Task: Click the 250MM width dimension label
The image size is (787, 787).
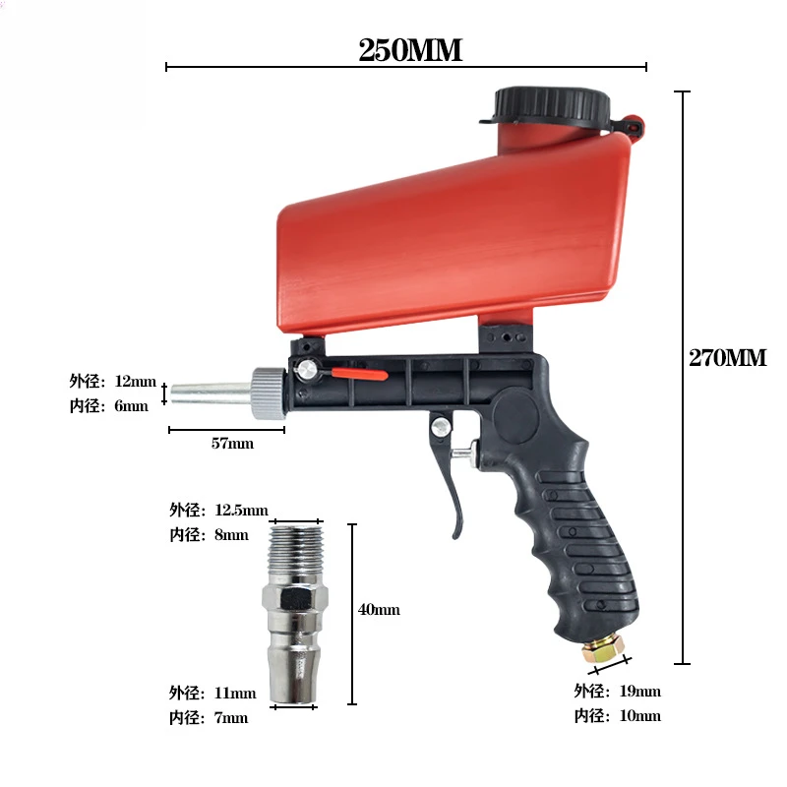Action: click(410, 50)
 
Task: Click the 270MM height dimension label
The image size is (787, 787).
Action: click(727, 358)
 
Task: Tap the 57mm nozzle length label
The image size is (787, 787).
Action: click(232, 444)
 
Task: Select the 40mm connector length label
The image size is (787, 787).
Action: click(379, 610)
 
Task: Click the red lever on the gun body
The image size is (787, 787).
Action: click(359, 374)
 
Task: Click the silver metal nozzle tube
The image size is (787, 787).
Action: click(211, 393)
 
